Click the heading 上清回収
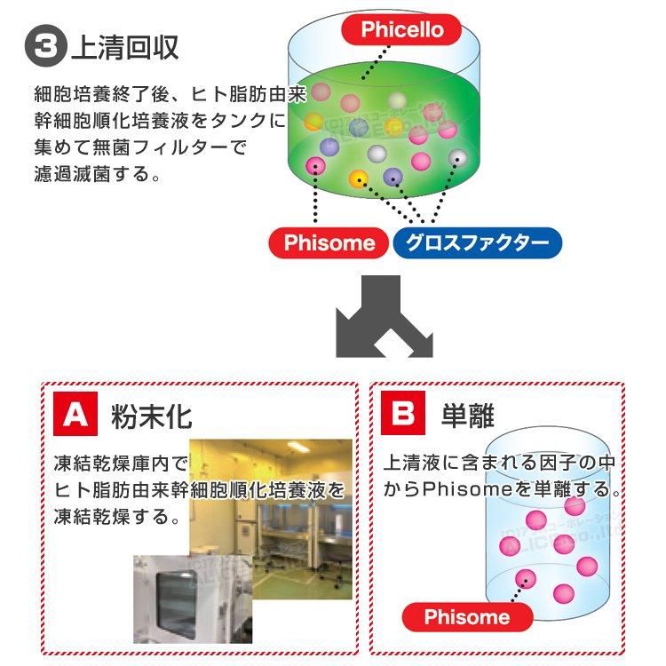point(124,47)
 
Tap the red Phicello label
point(401,29)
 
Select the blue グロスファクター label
point(477,242)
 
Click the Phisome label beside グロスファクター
point(329,242)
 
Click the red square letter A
point(76,416)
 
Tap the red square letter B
point(404,416)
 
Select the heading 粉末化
point(152,416)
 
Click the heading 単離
point(468,416)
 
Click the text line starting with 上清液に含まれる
point(499,464)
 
